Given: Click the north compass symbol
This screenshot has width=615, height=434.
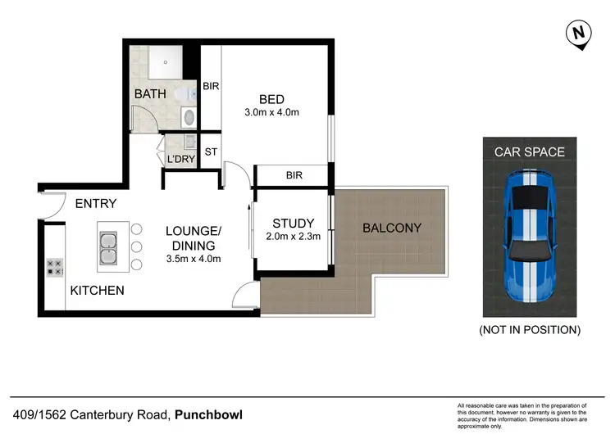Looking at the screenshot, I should coord(579,33).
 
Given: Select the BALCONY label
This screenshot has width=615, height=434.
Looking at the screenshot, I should coord(392,228).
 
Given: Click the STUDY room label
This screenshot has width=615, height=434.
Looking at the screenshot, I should coord(294,223).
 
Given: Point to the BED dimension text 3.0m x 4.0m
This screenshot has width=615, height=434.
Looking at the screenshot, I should coord(271,113).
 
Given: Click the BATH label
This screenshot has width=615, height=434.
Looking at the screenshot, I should coord(150,94).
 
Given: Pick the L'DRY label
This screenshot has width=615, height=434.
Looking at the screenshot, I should coord(180,160).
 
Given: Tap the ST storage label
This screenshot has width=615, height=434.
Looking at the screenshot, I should coord(211,151).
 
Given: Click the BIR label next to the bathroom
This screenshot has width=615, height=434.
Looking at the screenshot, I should coord(211,85).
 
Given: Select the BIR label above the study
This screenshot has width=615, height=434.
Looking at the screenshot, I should coord(294,175).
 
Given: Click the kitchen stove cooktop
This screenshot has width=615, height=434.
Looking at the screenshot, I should coord(55,267).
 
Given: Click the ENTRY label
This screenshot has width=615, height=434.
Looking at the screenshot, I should coord(96,204).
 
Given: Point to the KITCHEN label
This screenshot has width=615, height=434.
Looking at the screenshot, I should coord(97,291).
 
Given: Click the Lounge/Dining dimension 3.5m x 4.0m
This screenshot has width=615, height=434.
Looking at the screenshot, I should coord(194,259).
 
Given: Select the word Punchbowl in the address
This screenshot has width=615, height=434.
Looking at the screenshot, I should coord(208,414).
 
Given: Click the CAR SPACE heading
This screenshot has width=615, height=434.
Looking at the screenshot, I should coord(529,151).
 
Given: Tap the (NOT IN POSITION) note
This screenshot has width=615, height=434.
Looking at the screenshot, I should coord(530,330).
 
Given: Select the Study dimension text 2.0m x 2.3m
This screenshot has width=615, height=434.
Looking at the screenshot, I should coord(294,237).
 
